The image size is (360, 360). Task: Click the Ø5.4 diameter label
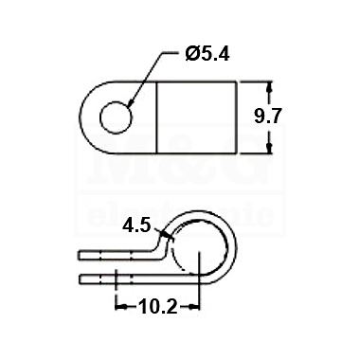pos(207,55)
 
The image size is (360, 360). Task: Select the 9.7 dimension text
pos(267,116)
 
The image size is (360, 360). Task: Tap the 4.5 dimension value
pos(136,225)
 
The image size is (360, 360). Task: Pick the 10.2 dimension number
pos(158,307)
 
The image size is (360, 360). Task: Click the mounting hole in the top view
pos(116,117)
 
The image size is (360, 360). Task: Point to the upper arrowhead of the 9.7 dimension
pos(269,87)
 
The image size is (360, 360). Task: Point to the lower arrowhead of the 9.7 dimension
pos(269,149)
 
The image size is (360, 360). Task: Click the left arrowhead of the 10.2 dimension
pos(121,306)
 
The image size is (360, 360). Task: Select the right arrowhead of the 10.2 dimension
pos(194,306)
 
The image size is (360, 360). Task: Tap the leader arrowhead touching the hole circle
pos(131,102)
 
